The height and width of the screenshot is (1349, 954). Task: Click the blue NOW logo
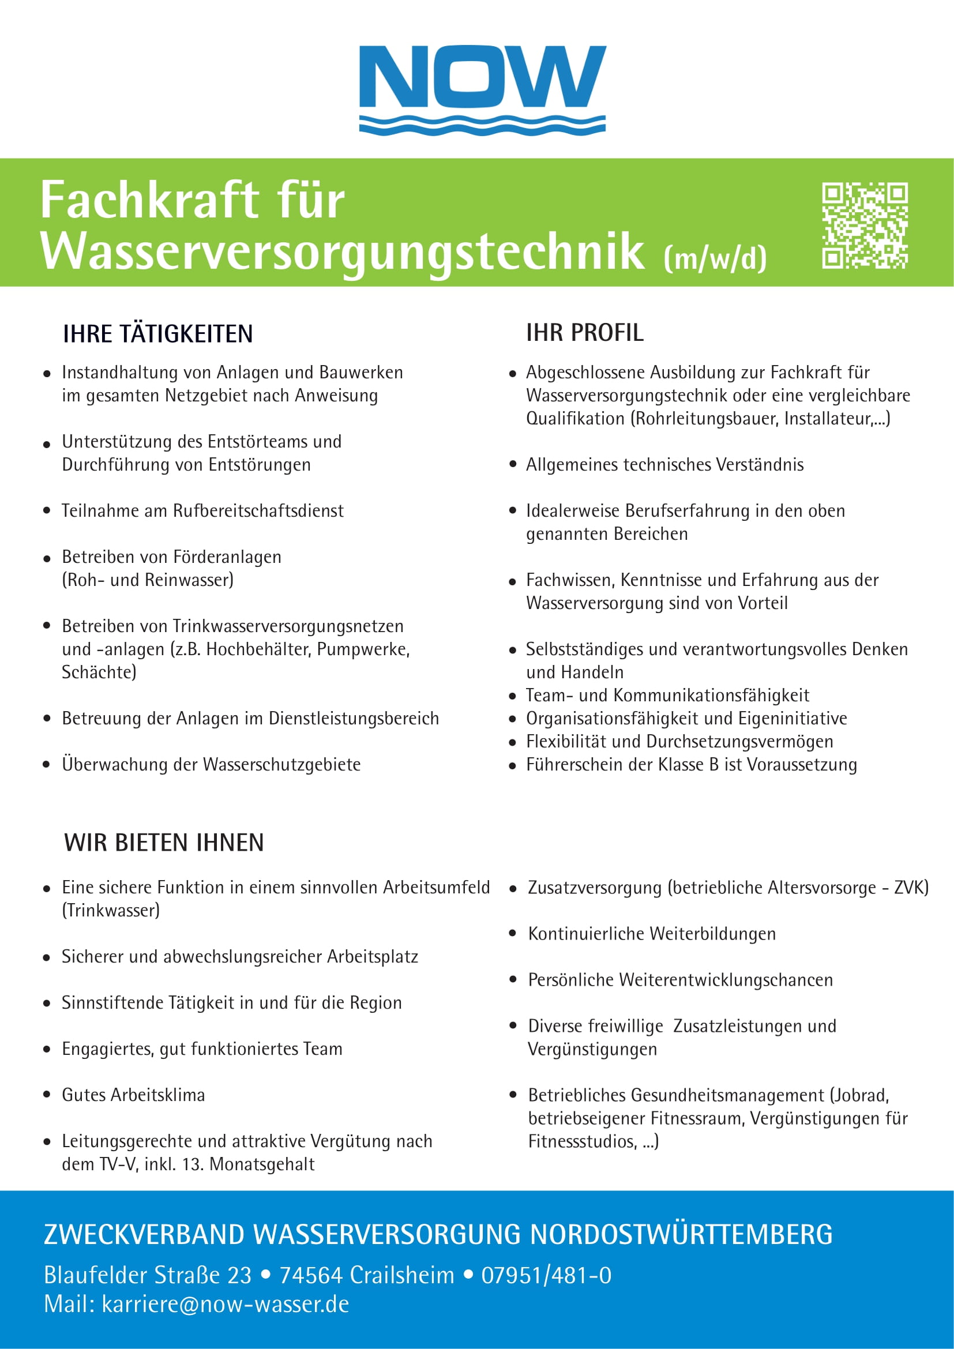(x=482, y=88)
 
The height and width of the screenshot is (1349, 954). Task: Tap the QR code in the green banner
(x=865, y=225)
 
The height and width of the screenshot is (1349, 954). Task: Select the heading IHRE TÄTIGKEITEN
(x=158, y=334)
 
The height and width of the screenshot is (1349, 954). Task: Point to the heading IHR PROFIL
(x=584, y=333)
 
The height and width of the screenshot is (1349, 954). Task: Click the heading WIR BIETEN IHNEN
(x=164, y=843)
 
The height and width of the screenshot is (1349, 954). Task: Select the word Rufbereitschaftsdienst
(x=258, y=510)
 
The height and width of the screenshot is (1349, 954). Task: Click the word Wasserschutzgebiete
(x=281, y=764)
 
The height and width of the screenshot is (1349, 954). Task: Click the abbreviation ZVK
(x=909, y=887)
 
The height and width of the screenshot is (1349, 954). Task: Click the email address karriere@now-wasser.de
(x=225, y=1304)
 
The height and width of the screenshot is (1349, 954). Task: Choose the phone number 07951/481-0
(x=546, y=1276)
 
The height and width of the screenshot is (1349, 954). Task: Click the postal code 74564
(x=311, y=1276)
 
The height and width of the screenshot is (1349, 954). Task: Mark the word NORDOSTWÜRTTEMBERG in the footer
(x=681, y=1234)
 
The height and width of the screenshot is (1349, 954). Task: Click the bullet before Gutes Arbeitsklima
(x=47, y=1095)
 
